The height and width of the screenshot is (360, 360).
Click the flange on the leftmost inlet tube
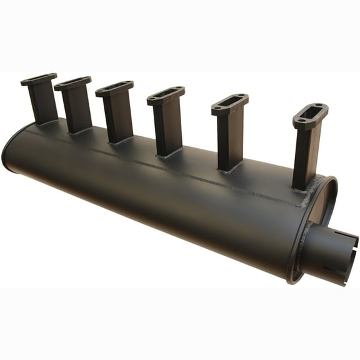tap(38, 79)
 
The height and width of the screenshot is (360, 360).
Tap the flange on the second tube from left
tap(72, 83)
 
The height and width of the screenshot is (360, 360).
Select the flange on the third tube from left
tap(114, 88)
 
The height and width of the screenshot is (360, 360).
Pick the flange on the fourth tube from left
tap(166, 94)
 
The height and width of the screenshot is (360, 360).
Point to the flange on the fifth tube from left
tap(229, 103)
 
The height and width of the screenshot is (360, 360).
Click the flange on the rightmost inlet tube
tap(310, 115)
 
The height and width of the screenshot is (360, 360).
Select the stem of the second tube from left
tap(78, 109)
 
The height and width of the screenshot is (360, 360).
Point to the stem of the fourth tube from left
tap(168, 129)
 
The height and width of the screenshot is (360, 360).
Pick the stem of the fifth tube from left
tap(229, 141)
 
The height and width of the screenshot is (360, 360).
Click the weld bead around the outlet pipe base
tap(306, 244)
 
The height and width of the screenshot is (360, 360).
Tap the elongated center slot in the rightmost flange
tap(311, 114)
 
